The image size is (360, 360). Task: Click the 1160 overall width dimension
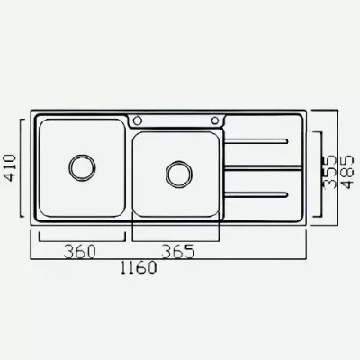click(x=139, y=267)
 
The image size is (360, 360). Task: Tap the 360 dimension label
click(x=79, y=251)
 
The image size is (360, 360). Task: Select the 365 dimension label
click(x=178, y=251)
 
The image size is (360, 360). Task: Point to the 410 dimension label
click(x=11, y=167)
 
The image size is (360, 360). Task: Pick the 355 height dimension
click(x=331, y=172)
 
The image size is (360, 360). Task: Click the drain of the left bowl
click(x=82, y=168)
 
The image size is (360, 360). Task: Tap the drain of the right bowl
click(x=179, y=175)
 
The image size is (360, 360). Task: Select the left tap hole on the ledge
click(x=138, y=121)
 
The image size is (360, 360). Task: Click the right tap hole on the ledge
click(x=215, y=121)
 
